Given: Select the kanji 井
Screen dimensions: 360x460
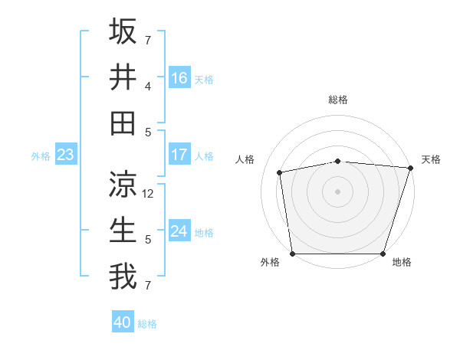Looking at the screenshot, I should (x=123, y=77).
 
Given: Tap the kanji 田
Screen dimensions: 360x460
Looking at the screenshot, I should (x=123, y=123).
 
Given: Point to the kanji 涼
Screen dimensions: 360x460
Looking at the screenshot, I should (x=123, y=184).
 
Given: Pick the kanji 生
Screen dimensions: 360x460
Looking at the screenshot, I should (x=123, y=230).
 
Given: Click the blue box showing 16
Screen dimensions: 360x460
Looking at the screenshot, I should (x=179, y=77).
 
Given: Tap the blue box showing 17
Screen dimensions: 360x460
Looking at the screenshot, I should (x=179, y=155).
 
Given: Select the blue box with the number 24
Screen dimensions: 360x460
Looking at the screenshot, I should (x=179, y=231).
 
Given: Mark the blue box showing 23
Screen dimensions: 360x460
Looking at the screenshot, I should (x=65, y=155).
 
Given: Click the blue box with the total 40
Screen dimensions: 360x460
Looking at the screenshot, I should (x=123, y=322).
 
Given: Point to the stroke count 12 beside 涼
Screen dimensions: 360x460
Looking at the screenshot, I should (x=149, y=194).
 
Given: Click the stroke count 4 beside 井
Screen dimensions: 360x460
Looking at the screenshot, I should (x=148, y=87).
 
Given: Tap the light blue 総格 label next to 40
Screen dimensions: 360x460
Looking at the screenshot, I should (x=147, y=324).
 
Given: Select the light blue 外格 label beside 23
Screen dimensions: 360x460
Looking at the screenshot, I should (x=41, y=156).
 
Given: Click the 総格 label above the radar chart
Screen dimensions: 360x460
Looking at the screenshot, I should (x=337, y=100).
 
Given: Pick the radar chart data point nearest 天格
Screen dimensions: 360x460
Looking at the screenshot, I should (x=410, y=168).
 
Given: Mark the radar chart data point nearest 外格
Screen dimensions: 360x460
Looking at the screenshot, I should (x=292, y=253).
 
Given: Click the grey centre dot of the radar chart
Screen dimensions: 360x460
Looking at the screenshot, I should (x=337, y=191).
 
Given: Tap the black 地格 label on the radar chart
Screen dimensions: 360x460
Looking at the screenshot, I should (x=402, y=262).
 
